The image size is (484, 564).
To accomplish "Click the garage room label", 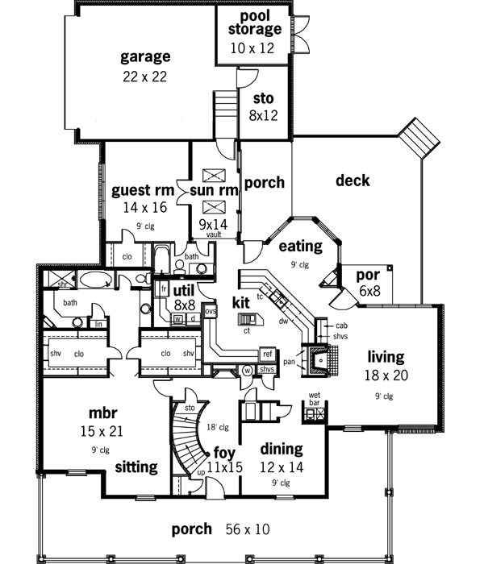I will click(145, 57).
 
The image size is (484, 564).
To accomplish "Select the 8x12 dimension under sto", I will click(263, 115).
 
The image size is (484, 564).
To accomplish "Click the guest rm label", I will click(143, 191).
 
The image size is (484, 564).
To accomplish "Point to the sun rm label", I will click(214, 191).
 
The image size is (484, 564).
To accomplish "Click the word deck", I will click(353, 181).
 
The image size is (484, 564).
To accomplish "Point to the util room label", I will click(183, 289).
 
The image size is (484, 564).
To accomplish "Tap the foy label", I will click(223, 451).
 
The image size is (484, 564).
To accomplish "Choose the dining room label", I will click(281, 450).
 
